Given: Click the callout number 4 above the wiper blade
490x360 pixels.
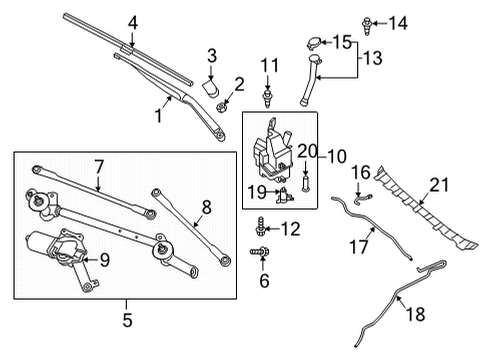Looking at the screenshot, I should tap(132, 22).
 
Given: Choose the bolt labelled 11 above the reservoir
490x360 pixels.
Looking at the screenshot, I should tap(268, 96).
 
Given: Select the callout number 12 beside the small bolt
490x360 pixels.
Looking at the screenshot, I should tap(291, 229).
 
